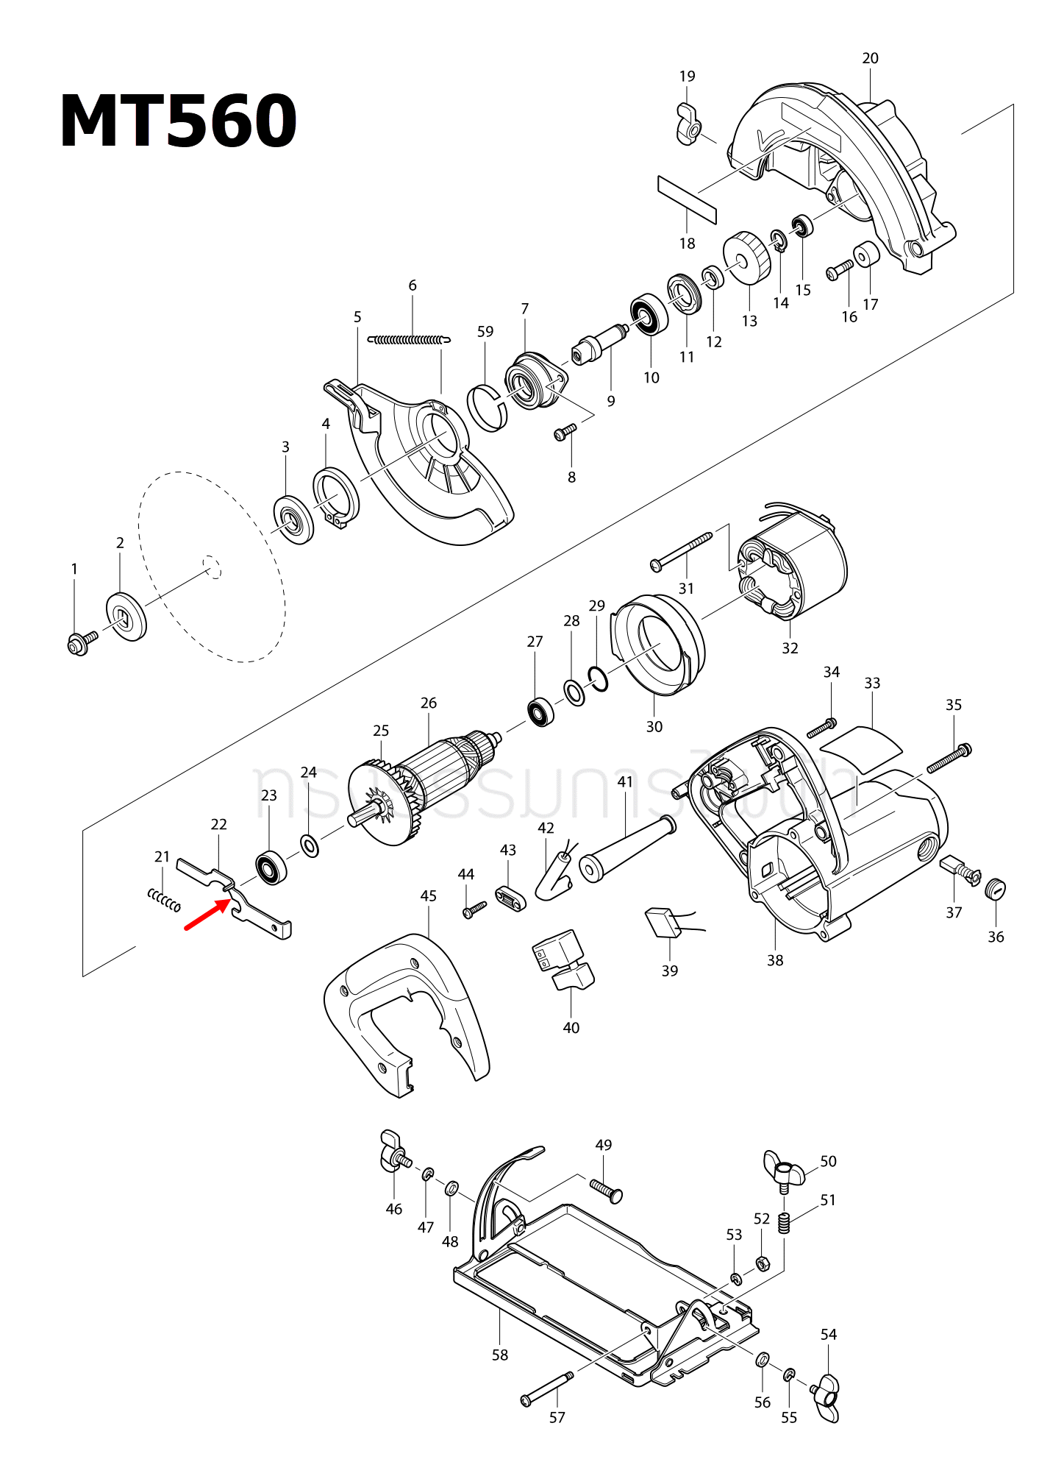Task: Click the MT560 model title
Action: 178,121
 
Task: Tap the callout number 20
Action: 870,58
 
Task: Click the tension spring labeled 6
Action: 409,340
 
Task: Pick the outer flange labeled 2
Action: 126,616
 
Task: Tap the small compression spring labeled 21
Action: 164,900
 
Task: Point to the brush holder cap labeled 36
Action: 995,889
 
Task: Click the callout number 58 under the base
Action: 500,1355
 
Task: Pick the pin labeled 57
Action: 548,1387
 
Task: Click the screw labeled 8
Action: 565,432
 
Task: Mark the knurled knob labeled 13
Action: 746,258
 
